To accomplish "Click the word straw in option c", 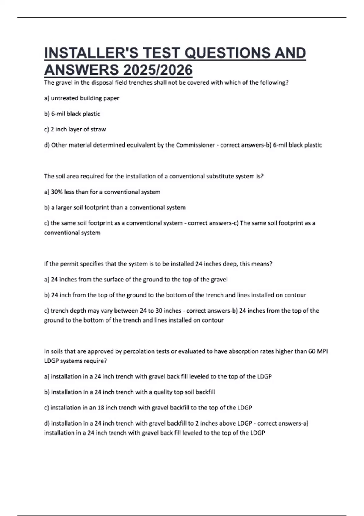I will pos(98,129).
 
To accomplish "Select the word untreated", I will pos(64,98).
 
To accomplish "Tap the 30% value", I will pos(56,192).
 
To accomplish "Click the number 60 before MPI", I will pos(312,351).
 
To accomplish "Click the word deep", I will pos(230,264).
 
